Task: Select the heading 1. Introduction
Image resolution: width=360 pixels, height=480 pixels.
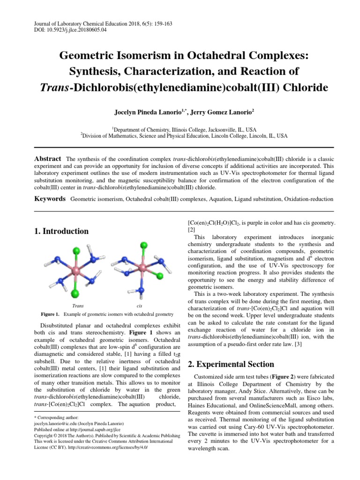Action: pyautogui.click(x=61, y=231)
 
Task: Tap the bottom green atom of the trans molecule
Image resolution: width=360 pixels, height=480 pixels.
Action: pyautogui.click(x=76, y=294)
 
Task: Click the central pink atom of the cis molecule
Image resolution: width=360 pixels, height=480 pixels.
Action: pyautogui.click(x=142, y=269)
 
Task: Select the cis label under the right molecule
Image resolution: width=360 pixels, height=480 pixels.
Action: pyautogui.click(x=139, y=305)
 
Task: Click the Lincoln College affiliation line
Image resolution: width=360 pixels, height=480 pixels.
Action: pyautogui.click(x=184, y=136)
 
